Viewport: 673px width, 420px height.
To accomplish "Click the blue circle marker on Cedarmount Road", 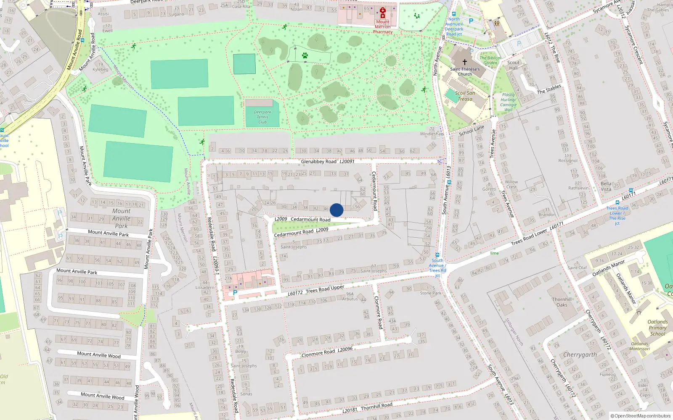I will [336, 210].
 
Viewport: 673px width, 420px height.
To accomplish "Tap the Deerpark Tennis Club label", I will [262, 117].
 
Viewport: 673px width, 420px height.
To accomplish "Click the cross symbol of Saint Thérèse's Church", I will [465, 62].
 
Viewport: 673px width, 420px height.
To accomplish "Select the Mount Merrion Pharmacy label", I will [383, 27].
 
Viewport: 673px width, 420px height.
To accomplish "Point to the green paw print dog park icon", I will [305, 55].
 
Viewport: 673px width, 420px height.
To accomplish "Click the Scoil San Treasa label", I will [465, 96].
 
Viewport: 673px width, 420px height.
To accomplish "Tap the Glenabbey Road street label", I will [318, 162].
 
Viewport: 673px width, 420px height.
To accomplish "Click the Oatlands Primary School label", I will [657, 328].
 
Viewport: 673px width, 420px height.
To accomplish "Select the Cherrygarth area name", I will [580, 355].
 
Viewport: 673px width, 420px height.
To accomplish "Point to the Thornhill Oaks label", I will [562, 302].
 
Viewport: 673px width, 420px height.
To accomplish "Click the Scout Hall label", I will [513, 65].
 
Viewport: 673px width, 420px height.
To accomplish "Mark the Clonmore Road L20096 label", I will [327, 352].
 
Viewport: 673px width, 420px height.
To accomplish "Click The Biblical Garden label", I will [490, 60].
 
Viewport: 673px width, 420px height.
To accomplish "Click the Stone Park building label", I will [431, 293].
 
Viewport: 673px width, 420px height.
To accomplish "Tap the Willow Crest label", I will [511, 184].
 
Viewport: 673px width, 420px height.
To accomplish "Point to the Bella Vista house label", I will [606, 186].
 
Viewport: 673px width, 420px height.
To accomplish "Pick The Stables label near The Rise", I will [549, 89].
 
